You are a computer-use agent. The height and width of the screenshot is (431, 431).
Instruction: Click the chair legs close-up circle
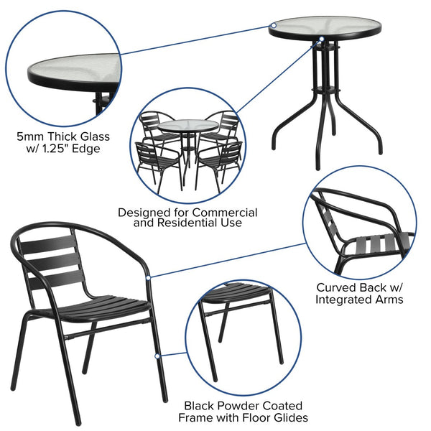[241, 338]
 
